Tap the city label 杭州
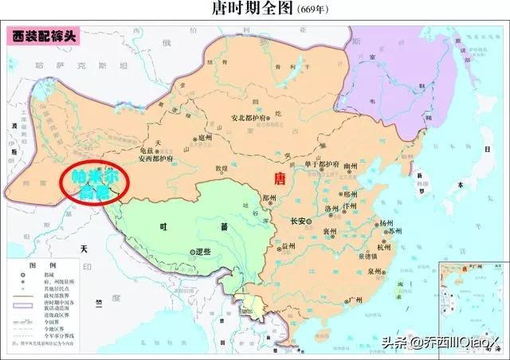[x=385, y=248]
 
